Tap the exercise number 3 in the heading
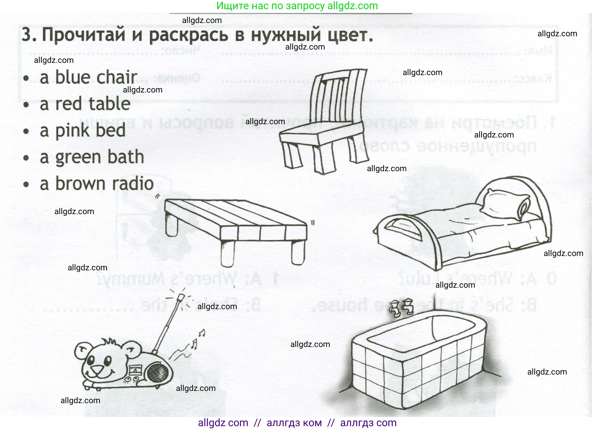click(27, 35)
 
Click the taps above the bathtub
click(401, 307)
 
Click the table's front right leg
click(298, 252)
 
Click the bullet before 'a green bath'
click(26, 158)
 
